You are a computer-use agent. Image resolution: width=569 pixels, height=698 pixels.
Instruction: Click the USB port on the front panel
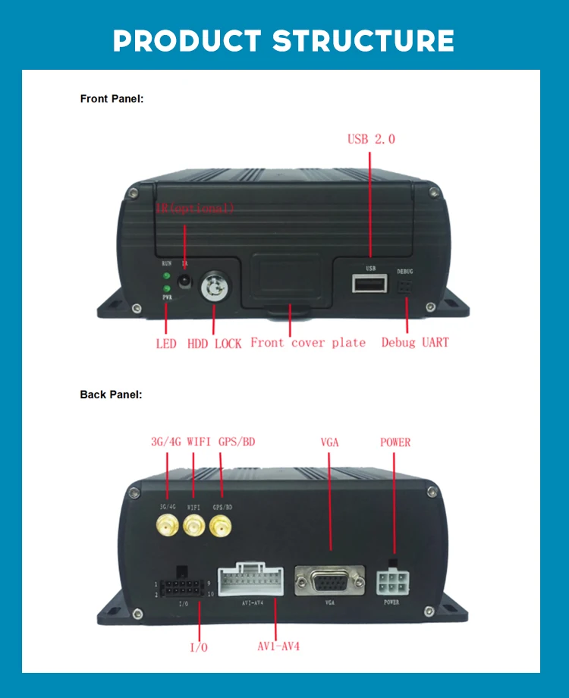click(369, 284)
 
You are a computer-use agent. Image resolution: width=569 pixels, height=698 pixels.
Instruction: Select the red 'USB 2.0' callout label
click(371, 139)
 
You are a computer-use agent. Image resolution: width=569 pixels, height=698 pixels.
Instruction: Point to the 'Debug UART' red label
click(414, 342)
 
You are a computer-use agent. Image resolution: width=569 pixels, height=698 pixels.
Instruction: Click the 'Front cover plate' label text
click(307, 342)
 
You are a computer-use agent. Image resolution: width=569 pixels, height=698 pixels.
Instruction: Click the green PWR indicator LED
click(166, 288)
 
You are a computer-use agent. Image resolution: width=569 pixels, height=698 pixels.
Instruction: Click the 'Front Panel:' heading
click(112, 99)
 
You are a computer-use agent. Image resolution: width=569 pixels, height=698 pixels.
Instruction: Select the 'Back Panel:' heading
click(111, 395)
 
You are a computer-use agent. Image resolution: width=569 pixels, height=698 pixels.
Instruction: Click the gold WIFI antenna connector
click(194, 523)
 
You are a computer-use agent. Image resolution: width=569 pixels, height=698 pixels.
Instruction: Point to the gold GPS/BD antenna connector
click(221, 523)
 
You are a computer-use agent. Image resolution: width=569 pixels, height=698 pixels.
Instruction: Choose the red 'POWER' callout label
click(395, 442)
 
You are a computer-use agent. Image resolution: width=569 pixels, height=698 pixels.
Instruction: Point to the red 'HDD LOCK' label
click(214, 344)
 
